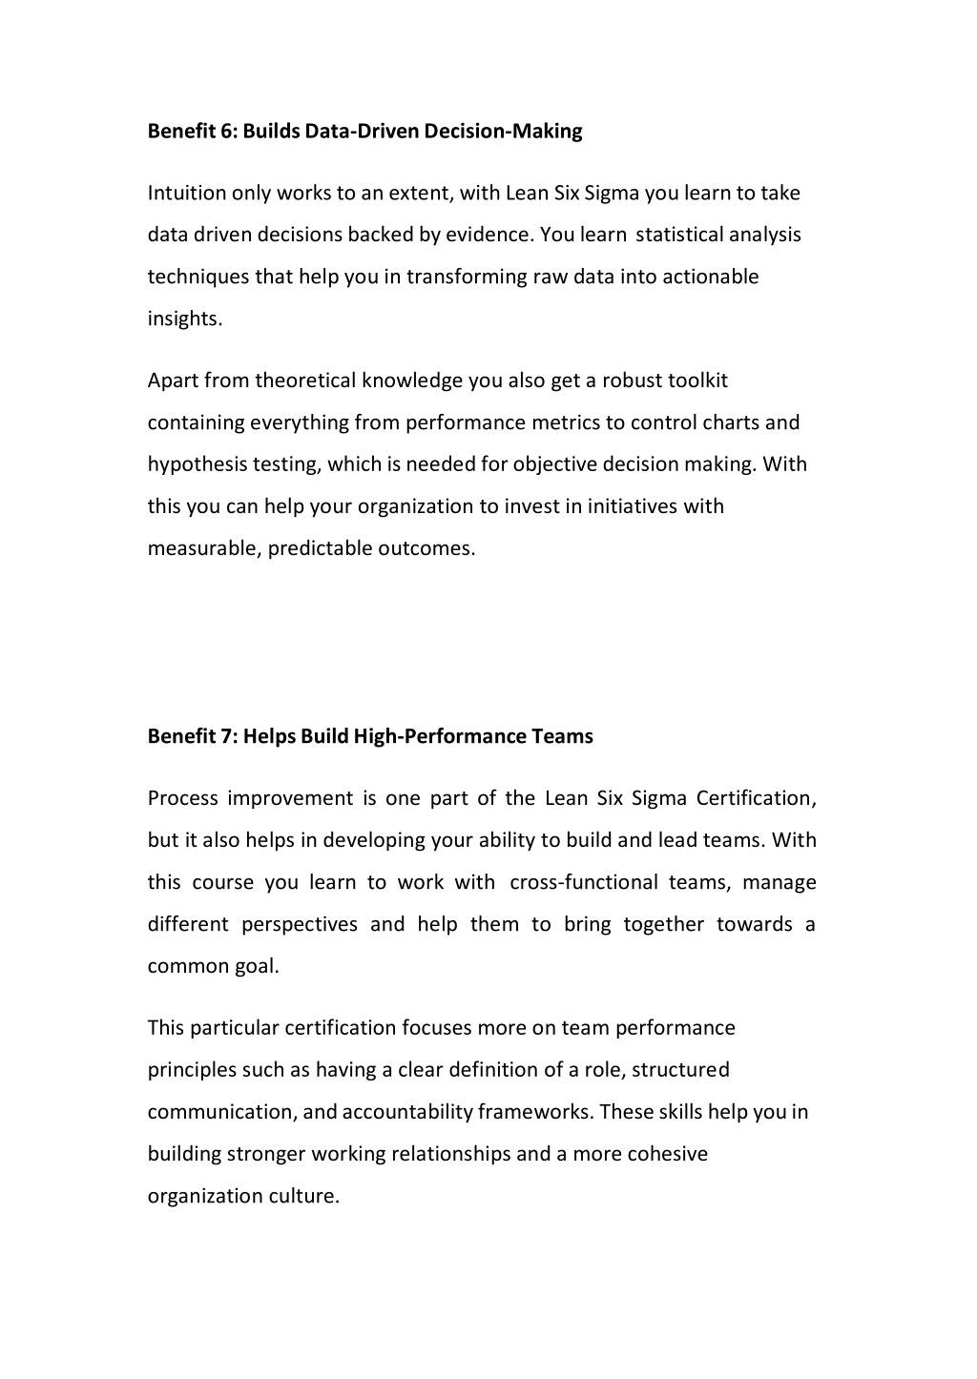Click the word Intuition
pyautogui.click(x=187, y=194)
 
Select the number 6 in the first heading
pyautogui.click(x=228, y=132)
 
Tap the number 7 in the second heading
pyautogui.click(x=229, y=736)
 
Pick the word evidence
pyautogui.click(x=498, y=236)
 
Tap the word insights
pyautogui.click(x=184, y=319)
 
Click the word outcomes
pyautogui.click(x=426, y=549)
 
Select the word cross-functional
pyautogui.click(x=583, y=882)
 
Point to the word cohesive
pyautogui.click(x=667, y=1154)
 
